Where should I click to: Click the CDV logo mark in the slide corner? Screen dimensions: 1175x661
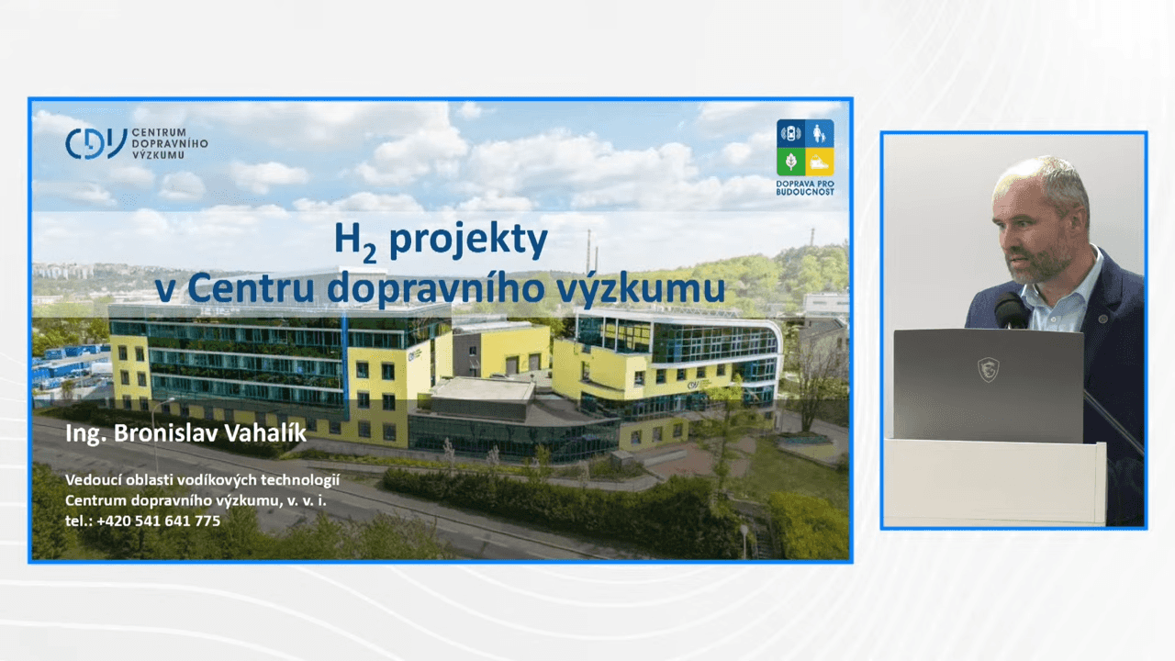pos(96,143)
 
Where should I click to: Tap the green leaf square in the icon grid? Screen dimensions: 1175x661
pos(790,162)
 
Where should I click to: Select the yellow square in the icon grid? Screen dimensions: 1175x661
pos(820,162)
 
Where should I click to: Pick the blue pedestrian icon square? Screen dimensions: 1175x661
pos(820,133)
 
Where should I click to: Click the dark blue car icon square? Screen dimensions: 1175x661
pos(790,133)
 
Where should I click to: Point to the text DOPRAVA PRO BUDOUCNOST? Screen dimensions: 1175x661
pos(805,188)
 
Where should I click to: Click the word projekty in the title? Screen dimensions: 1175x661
pos(468,241)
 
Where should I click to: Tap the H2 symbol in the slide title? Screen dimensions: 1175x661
pos(355,242)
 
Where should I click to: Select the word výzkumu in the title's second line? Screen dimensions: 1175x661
pos(641,288)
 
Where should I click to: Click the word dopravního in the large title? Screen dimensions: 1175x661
pos(435,288)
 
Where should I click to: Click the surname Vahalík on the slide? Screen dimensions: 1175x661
pos(265,433)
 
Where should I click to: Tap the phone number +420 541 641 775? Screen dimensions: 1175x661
pos(159,521)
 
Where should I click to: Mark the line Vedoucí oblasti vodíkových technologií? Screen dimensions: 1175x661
pos(203,480)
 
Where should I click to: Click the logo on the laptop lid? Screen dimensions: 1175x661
pos(989,369)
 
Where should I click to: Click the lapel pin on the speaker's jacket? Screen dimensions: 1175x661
pos(1102,319)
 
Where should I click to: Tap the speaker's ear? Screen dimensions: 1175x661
pos(1080,219)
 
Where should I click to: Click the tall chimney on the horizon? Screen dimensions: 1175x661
pos(588,251)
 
